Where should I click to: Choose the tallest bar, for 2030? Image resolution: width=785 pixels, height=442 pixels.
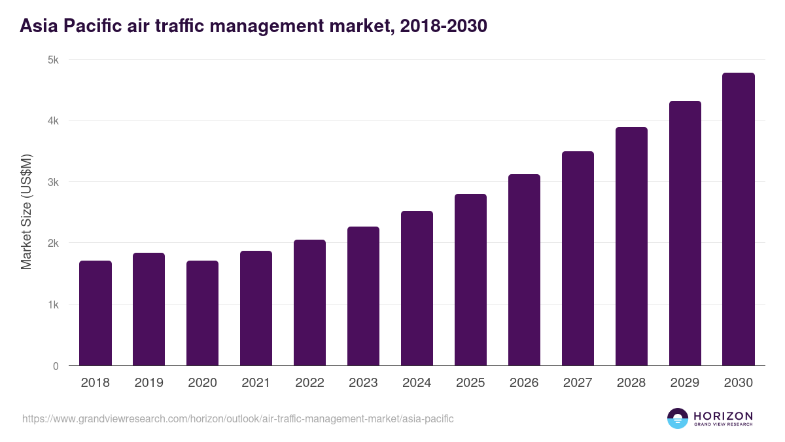(x=739, y=219)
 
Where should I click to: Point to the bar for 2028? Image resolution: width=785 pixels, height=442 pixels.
(x=631, y=246)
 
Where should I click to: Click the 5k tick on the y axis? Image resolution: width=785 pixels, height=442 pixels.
(x=53, y=60)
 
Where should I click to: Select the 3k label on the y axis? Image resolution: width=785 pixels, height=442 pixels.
(x=53, y=182)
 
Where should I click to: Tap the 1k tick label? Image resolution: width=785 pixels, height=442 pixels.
(x=53, y=304)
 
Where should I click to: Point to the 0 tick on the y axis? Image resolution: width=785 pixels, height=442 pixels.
(x=56, y=366)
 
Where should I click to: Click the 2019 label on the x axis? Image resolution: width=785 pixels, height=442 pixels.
(x=149, y=383)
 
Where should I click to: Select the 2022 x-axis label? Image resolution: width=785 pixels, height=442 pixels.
(x=309, y=383)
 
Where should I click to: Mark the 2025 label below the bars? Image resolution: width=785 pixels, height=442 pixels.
(x=470, y=383)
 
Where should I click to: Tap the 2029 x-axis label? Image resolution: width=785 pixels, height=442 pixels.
(x=685, y=383)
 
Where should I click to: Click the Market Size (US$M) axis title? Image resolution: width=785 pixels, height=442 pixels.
(x=26, y=212)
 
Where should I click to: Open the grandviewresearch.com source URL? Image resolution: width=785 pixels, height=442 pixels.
(x=237, y=418)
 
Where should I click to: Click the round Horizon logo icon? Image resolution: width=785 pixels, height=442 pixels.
(x=678, y=418)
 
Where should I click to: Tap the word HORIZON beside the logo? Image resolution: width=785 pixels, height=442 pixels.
(x=723, y=416)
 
